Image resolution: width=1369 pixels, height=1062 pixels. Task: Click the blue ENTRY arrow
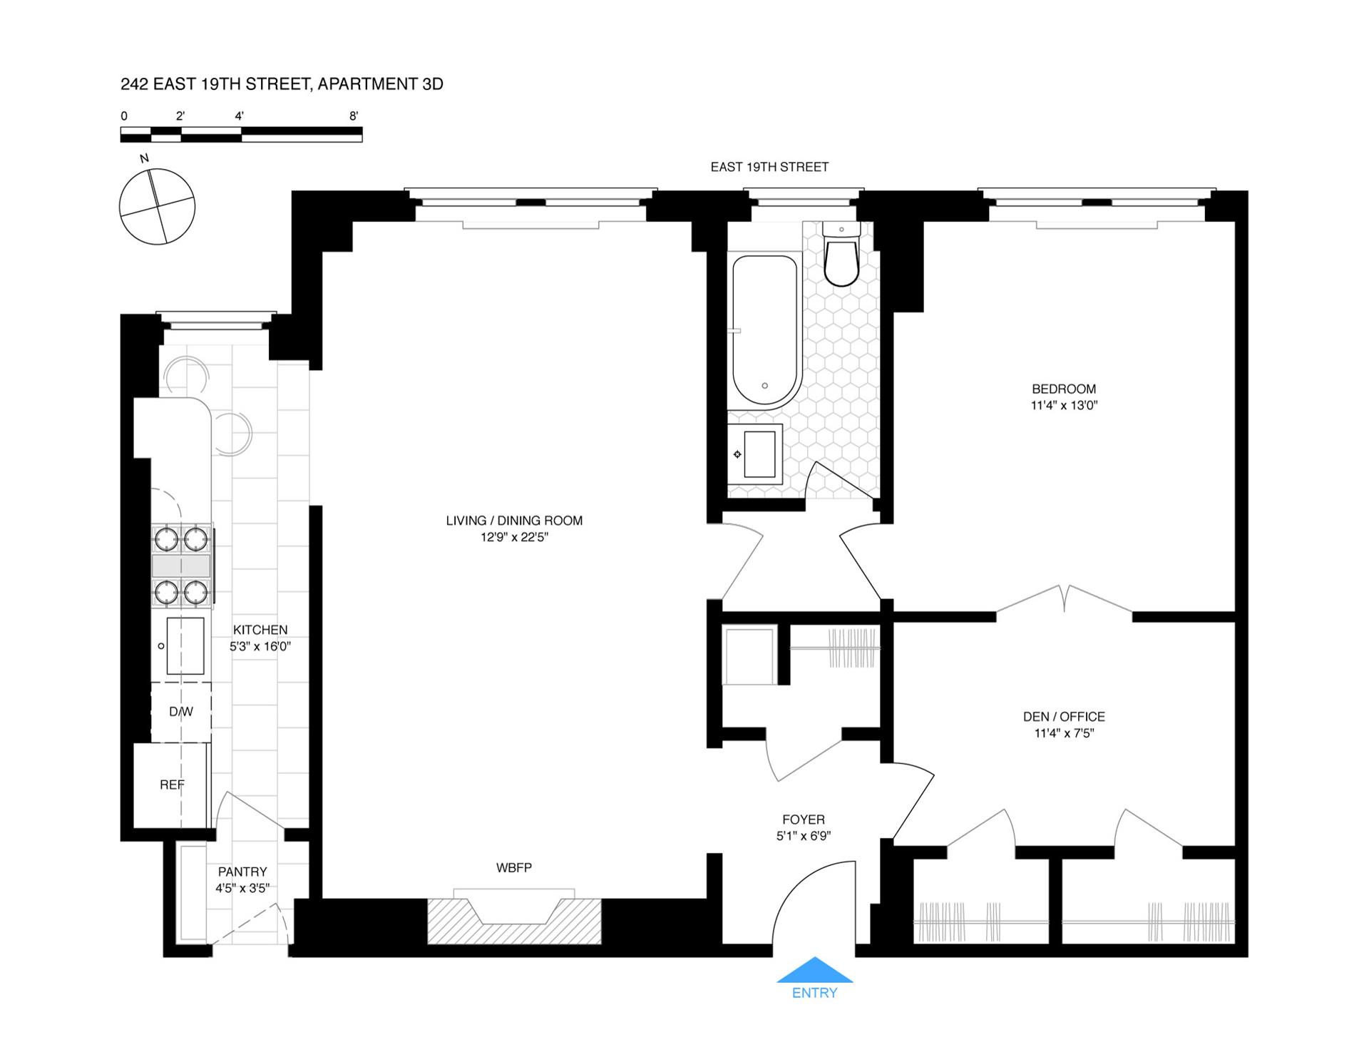[x=814, y=971]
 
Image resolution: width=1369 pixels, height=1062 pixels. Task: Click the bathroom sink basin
[x=759, y=454]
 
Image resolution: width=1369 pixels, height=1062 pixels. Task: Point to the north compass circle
[x=157, y=207]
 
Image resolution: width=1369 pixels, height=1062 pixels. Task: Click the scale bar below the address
[x=241, y=134]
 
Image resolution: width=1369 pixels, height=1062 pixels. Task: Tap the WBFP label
[x=514, y=868]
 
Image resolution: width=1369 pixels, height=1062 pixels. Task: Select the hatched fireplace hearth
[x=514, y=921]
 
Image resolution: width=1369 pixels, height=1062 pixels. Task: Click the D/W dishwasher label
[x=181, y=712]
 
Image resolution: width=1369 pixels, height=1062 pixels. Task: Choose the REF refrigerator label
[x=172, y=785]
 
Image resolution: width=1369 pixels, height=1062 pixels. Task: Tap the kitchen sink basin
[x=185, y=646]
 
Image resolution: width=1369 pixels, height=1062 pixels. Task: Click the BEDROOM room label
[x=1064, y=389]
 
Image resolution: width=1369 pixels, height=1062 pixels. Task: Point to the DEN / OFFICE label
[x=1064, y=717]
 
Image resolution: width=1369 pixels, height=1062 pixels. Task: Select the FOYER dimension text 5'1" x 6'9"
[x=804, y=836]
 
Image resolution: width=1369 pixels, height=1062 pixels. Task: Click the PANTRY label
[x=242, y=872]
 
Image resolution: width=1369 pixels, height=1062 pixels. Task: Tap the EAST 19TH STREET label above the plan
[x=769, y=167]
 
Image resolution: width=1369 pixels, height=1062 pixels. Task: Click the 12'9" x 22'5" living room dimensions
[x=514, y=537]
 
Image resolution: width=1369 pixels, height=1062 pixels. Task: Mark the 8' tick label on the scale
[x=354, y=116]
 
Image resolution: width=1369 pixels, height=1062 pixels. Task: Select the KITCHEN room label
[x=260, y=630]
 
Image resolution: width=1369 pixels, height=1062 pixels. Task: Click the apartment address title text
[x=282, y=84]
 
